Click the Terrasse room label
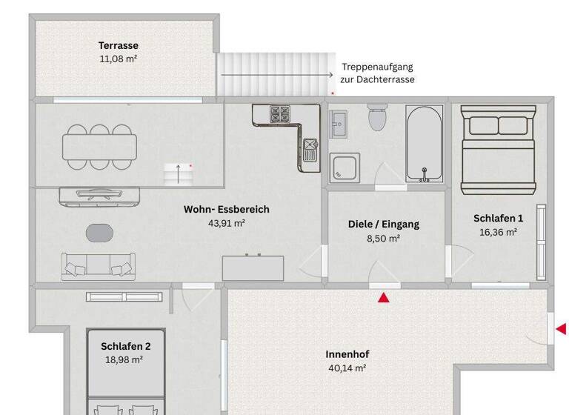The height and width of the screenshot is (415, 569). point(119,46)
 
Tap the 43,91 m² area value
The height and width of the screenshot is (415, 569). point(227,222)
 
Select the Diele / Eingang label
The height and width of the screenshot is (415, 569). point(384,225)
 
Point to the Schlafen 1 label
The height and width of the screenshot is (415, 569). point(498,218)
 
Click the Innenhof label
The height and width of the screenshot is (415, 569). point(347,354)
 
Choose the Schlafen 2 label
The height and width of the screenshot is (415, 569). point(126,346)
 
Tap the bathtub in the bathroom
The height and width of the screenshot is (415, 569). point(425,144)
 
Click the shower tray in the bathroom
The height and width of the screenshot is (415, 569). point(345,167)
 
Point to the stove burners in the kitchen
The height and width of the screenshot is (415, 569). point(279,114)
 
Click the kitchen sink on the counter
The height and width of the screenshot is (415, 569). point(310,153)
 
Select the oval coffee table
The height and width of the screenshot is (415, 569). point(100,233)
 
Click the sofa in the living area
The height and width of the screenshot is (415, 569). point(99,265)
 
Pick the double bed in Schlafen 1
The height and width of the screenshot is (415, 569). point(498,147)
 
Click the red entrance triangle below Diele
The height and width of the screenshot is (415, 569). point(384,298)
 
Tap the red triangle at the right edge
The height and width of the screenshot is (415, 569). point(561,328)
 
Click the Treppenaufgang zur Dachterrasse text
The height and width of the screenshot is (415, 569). point(377,73)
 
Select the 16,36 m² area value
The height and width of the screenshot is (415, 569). point(498,231)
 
